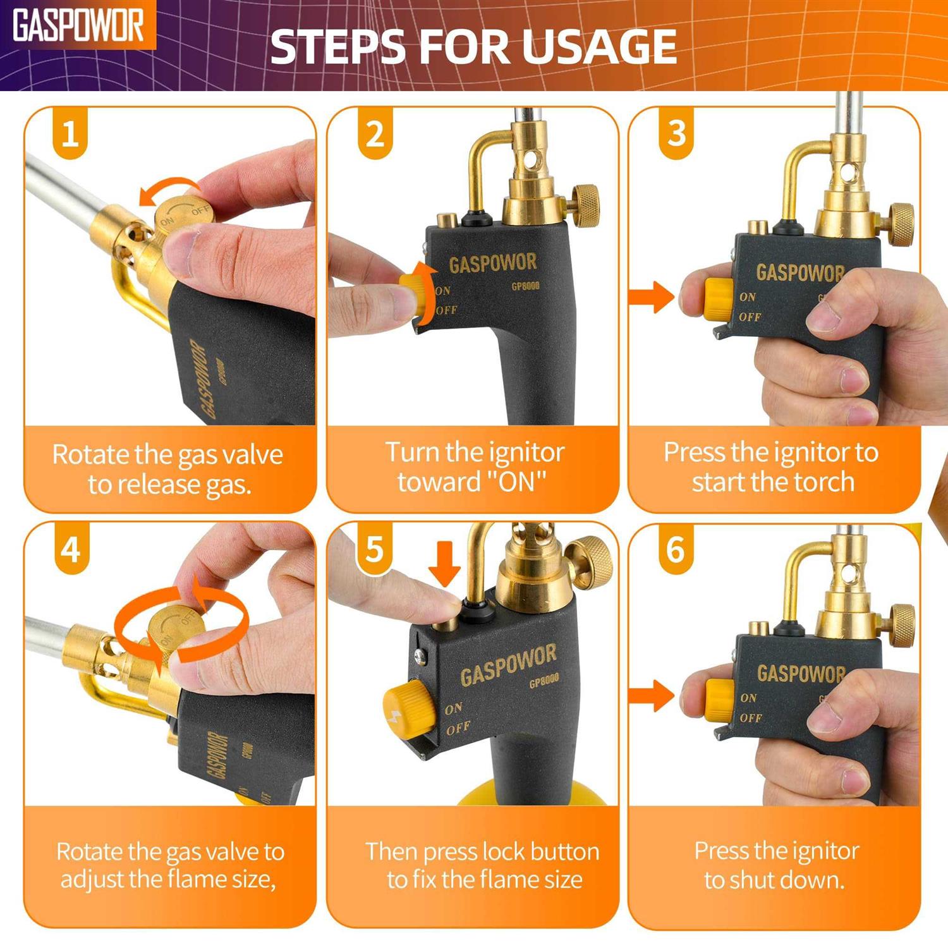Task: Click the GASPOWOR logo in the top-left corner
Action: point(78,26)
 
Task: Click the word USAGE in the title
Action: point(600,46)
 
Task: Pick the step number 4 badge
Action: point(70,549)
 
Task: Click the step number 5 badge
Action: point(375,549)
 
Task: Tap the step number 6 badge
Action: point(676,549)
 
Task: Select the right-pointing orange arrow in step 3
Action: point(652,296)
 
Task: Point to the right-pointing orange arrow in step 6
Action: point(652,696)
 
